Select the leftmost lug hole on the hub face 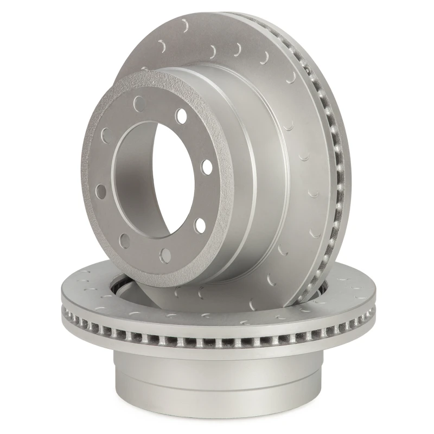100,190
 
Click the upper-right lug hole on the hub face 181,116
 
